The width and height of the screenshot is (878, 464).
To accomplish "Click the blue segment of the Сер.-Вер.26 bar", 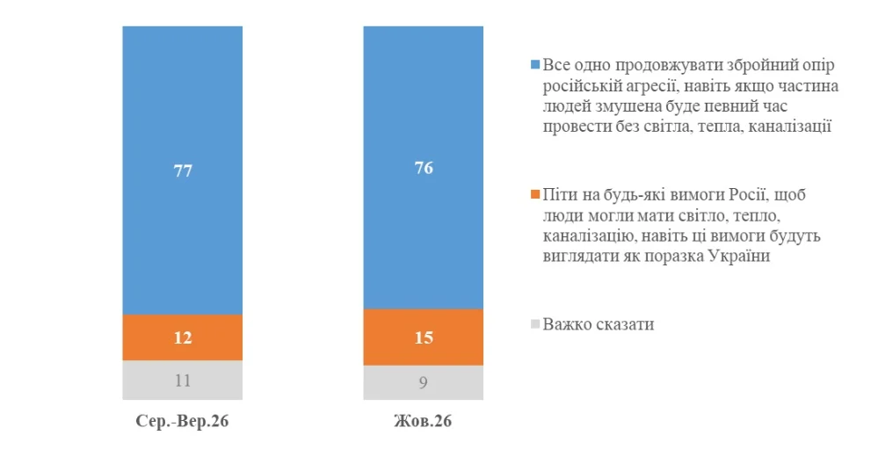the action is click(183, 170).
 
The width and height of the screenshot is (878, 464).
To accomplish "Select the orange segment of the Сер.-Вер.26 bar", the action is click(183, 337).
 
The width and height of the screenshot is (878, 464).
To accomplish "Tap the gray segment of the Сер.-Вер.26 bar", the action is click(183, 380).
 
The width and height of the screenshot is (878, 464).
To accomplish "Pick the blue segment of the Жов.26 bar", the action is click(424, 167).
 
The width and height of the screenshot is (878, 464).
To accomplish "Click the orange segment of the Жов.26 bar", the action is click(424, 337).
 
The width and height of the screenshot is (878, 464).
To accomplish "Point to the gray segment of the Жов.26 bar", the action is click(424, 383).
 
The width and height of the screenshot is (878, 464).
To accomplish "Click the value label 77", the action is click(183, 170).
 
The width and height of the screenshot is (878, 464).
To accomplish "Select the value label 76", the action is click(424, 168).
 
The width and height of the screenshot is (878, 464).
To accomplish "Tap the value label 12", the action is click(183, 337).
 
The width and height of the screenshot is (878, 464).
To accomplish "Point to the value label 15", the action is click(424, 337).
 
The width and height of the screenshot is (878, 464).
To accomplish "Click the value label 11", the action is click(183, 381).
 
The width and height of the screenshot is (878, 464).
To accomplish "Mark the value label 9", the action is click(424, 382).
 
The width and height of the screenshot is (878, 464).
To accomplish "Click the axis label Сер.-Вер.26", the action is click(182, 421).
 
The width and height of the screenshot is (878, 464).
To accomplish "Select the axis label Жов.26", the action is click(423, 421).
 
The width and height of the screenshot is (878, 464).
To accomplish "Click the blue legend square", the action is click(535, 65).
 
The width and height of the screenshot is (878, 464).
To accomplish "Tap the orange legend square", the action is click(535, 195).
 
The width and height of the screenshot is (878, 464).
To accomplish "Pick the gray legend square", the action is click(535, 324).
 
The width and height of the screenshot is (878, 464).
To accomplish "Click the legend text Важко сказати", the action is click(599, 324).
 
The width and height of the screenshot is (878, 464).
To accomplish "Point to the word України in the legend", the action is click(739, 257).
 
